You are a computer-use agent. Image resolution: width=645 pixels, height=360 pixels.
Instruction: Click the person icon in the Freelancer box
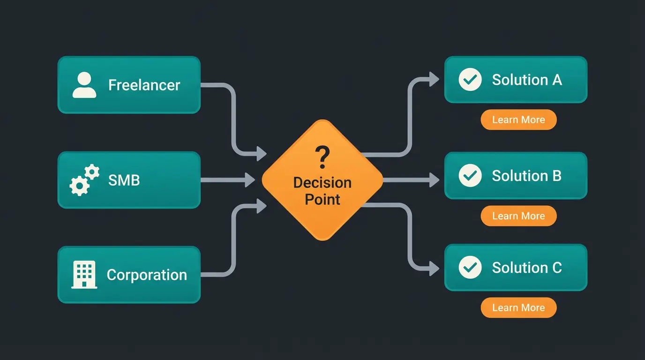point(84,85)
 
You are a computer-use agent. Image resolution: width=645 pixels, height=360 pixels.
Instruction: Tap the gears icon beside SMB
point(84,180)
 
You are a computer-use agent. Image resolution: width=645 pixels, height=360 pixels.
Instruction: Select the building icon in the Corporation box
point(84,274)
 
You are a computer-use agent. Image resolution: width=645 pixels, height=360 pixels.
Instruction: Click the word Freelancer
point(144,85)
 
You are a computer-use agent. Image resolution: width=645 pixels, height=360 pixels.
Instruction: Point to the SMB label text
point(124,180)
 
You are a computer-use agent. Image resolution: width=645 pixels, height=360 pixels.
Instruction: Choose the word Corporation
point(147,275)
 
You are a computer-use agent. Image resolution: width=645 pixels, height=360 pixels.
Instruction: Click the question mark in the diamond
point(322,157)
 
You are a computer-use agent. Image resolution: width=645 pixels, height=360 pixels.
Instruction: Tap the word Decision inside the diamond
point(322,182)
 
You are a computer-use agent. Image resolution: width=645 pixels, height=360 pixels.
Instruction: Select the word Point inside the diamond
point(322,199)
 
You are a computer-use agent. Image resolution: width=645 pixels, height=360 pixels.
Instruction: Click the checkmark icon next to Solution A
point(470,80)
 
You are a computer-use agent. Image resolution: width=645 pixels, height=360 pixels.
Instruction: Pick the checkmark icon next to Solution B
point(470,176)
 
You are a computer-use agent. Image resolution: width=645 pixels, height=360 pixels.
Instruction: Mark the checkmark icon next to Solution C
point(470,268)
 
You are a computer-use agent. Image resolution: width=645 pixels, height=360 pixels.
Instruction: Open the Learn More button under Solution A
point(518,120)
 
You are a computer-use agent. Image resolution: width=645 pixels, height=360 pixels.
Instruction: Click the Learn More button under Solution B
point(518,216)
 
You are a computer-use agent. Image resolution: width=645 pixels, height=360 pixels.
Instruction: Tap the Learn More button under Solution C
point(518,308)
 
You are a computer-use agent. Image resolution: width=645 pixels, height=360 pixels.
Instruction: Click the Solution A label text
point(526,80)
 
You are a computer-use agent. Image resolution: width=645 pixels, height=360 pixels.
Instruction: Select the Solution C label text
point(526,268)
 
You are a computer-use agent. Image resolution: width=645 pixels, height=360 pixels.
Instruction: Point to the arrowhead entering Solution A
point(434,80)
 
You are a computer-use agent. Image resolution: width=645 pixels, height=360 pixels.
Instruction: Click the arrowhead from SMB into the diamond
point(249,180)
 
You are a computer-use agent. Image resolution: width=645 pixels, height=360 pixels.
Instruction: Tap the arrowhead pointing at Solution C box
point(434,269)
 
